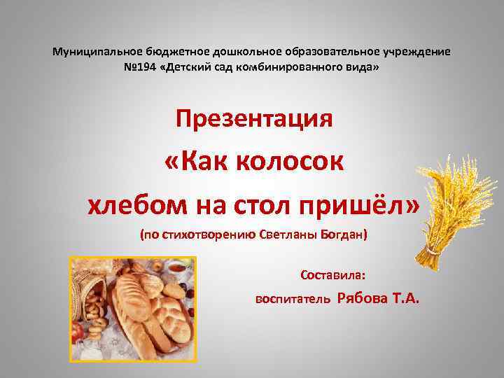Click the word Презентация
click(254, 119)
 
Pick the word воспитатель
click(292, 300)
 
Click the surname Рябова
click(363, 298)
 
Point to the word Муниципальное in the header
click(97, 52)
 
